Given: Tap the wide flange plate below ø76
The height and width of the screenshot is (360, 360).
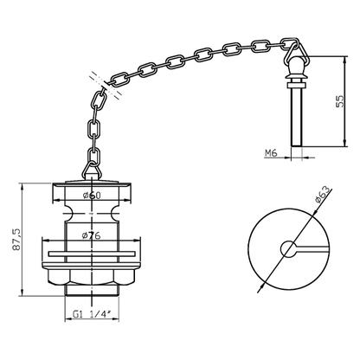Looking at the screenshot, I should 89,254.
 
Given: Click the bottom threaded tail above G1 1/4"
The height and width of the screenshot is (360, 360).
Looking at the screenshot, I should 89,299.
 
